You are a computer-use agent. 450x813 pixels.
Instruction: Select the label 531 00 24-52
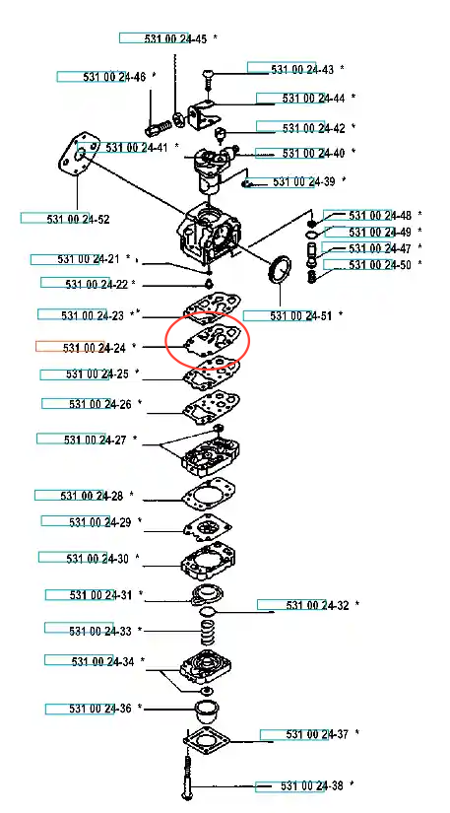78,220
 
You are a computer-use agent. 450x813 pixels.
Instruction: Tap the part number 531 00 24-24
95,348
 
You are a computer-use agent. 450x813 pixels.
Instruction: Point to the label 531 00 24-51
301,315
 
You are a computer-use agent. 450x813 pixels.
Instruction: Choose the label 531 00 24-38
312,785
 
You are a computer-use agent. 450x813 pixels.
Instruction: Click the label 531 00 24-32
317,604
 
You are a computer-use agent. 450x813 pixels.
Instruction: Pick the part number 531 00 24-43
302,69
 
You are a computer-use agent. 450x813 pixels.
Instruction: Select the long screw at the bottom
187,777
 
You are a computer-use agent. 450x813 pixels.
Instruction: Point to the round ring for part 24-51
279,269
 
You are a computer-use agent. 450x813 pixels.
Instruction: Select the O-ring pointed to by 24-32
207,612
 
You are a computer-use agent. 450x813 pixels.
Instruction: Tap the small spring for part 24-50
313,277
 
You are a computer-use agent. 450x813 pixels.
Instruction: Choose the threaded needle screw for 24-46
158,126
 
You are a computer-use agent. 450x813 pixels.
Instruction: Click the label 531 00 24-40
313,153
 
